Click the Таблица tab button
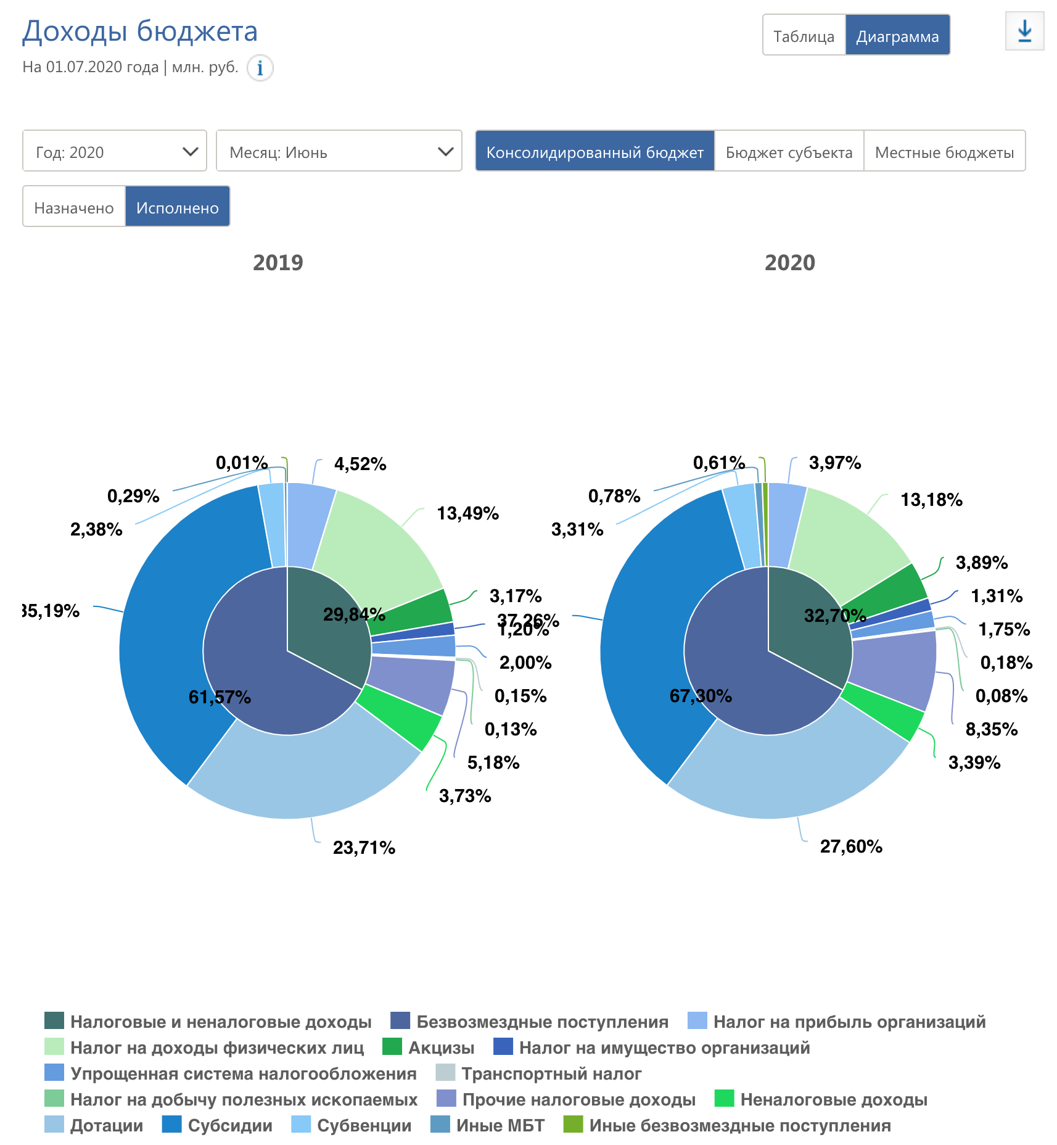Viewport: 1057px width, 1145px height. coord(804,36)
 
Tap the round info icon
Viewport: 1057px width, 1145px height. coord(260,68)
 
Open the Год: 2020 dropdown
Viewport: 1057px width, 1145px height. coord(115,151)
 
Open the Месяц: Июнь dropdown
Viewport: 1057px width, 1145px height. coord(339,151)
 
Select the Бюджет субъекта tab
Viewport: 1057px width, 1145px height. coord(789,151)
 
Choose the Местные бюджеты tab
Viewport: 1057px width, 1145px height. coord(944,151)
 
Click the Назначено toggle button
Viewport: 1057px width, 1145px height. coord(74,207)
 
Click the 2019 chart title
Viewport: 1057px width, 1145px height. coord(278,263)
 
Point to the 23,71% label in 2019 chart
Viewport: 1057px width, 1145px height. coord(364,848)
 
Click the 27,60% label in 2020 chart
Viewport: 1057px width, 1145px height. coord(851,846)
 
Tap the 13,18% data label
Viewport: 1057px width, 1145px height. coord(931,500)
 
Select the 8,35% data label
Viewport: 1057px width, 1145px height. coord(991,729)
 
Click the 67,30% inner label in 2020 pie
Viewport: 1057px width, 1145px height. coord(701,697)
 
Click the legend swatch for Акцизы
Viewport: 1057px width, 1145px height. coord(392,1047)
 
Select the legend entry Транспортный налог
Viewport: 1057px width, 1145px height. coord(551,1073)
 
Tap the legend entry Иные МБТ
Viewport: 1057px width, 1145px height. coord(500,1125)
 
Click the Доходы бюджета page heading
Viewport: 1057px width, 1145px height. coord(140,31)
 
